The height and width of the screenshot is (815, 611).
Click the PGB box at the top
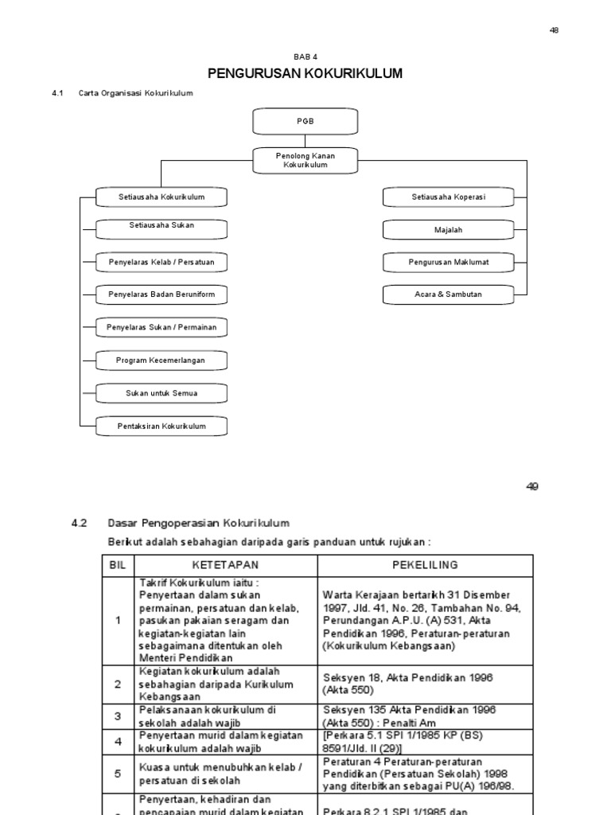click(x=305, y=123)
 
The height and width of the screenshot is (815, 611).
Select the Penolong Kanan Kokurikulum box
click(x=305, y=160)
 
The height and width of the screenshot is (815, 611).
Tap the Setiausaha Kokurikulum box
click(x=162, y=197)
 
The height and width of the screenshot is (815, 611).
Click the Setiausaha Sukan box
click(x=162, y=227)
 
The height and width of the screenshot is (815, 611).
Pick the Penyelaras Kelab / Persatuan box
click(x=162, y=262)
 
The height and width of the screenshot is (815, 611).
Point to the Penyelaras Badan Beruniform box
click(x=162, y=294)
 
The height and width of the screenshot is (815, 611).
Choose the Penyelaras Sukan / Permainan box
click(x=162, y=327)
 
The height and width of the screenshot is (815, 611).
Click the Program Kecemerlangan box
click(x=162, y=361)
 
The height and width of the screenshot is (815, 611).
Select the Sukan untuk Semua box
click(x=162, y=393)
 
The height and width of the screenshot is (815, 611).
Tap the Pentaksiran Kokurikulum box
click(x=162, y=427)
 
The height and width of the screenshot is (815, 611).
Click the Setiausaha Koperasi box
click(x=448, y=197)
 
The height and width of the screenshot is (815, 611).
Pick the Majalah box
click(x=448, y=230)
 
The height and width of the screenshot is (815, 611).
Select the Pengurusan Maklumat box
click(x=448, y=262)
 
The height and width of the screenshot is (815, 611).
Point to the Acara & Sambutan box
click(x=448, y=294)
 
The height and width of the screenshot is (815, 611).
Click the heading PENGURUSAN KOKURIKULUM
click(x=305, y=74)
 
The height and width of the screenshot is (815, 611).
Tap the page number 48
click(x=555, y=30)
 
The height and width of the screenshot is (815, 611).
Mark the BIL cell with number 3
click(x=118, y=716)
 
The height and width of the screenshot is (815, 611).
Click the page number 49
click(x=532, y=487)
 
